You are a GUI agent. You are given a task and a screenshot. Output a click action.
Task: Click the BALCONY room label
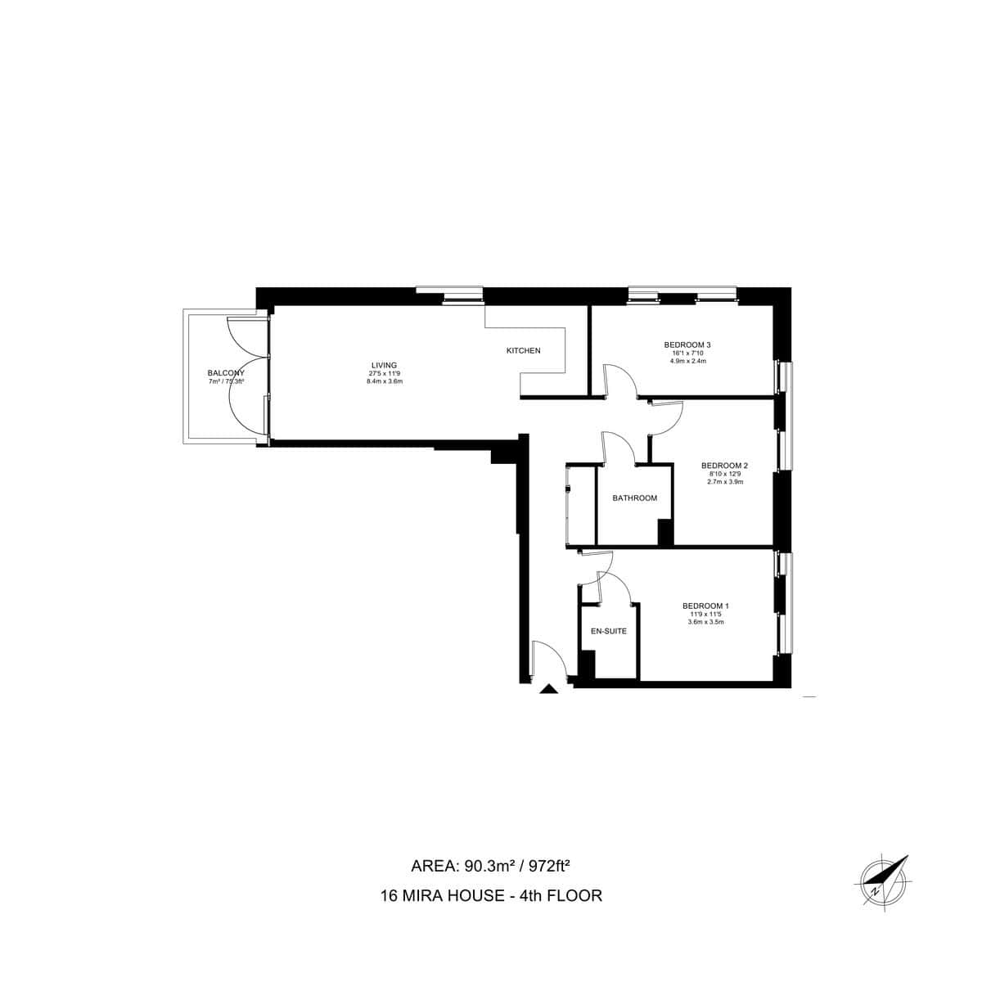click(226, 373)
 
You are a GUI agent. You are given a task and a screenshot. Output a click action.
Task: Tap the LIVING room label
click(384, 365)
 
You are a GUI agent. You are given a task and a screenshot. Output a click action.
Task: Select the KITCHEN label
click(524, 351)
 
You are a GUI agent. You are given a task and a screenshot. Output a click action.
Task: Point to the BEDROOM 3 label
click(687, 345)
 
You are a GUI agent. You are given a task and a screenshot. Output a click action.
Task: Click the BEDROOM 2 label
click(725, 466)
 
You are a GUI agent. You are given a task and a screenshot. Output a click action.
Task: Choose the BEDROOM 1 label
click(705, 606)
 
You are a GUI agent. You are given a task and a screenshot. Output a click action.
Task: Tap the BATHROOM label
click(635, 498)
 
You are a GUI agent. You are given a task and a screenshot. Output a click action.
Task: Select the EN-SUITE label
click(609, 632)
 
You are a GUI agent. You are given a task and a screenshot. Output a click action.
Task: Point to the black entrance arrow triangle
click(549, 690)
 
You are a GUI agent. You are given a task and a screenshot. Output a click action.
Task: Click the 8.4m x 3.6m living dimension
click(385, 381)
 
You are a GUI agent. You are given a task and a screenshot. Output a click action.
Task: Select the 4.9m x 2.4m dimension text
click(687, 361)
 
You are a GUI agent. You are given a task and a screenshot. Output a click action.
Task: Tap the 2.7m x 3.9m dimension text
click(725, 482)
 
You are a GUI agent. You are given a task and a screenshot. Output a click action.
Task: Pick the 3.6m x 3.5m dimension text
click(705, 622)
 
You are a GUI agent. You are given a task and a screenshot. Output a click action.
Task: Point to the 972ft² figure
click(557, 867)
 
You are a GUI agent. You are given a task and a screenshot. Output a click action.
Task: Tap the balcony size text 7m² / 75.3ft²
click(227, 381)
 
